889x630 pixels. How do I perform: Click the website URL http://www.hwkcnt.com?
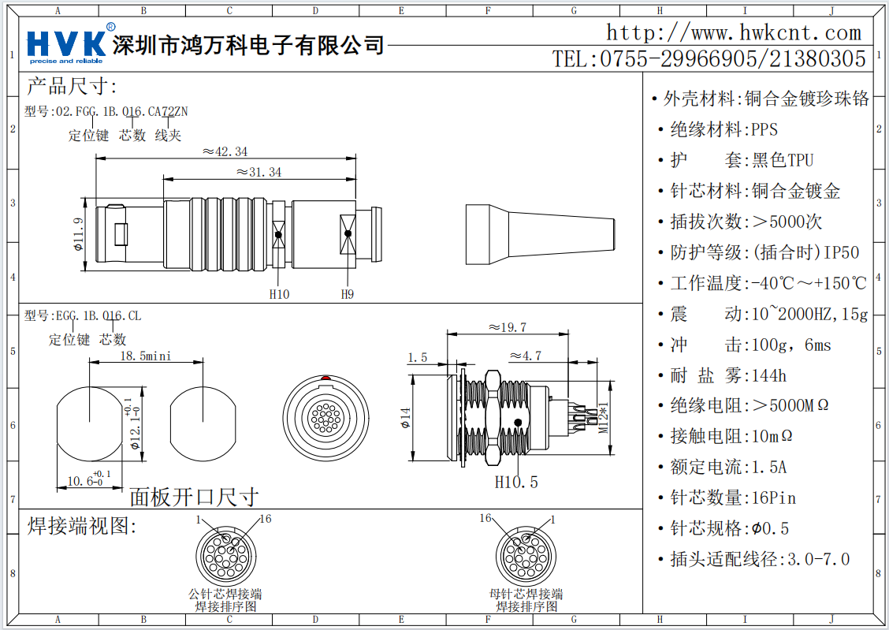734,32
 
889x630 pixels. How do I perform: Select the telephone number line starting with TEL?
709,58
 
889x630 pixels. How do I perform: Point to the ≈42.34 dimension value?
225,151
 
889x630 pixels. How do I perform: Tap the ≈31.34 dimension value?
259,172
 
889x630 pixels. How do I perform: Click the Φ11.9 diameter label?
78,234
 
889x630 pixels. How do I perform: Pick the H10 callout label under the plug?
279,294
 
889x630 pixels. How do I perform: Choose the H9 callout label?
347,294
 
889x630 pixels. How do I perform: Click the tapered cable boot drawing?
540,234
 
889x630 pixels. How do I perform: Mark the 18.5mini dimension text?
146,356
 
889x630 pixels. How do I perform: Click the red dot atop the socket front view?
325,378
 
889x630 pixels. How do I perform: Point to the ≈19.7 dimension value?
508,327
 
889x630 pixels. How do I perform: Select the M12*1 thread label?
604,417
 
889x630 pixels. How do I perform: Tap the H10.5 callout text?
516,482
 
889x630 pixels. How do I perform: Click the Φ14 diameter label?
405,418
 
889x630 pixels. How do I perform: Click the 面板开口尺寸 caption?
194,497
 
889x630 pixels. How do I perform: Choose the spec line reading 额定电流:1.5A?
728,467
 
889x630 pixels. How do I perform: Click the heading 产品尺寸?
72,86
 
